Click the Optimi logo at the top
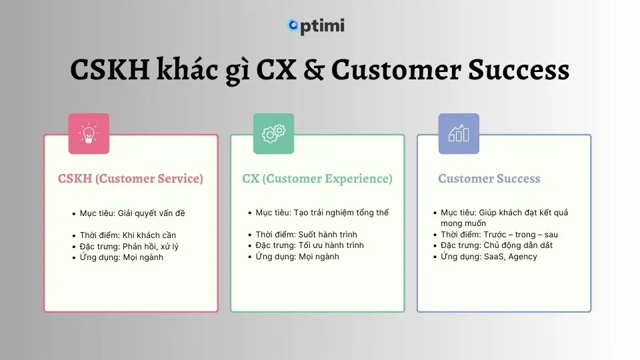coord(316,26)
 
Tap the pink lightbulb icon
coord(89,134)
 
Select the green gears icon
coord(273,134)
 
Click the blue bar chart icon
coord(459,134)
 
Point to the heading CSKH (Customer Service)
coord(131,179)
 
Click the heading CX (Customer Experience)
coord(317,179)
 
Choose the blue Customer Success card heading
coord(489,179)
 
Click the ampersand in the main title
coord(314,69)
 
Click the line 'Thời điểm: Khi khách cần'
coord(128,235)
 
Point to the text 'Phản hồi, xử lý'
coord(151,247)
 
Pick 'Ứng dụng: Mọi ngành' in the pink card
coord(121,257)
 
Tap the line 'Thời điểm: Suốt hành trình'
coord(306,235)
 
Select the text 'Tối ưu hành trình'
coord(331,245)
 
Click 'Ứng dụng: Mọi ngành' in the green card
coord(297,257)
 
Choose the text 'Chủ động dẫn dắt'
coord(518,245)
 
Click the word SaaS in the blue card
coord(494,257)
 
